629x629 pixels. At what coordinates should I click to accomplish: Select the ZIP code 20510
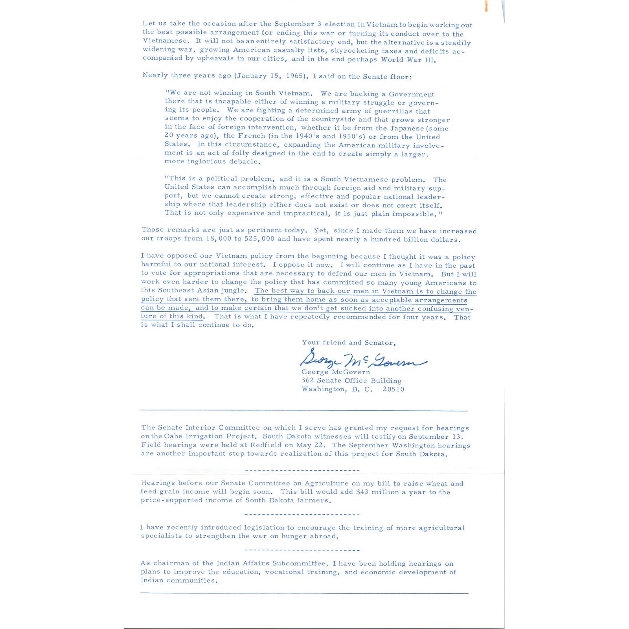pos(394,389)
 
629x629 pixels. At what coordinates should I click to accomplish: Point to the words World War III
pos(408,60)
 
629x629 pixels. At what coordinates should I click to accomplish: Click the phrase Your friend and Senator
pos(348,342)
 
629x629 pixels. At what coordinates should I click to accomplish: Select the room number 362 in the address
pos(308,381)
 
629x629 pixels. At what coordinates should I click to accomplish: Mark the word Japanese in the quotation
pos(407,128)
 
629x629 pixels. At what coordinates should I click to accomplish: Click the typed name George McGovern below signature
pos(335,372)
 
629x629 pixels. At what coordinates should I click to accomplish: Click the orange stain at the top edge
pos(487,6)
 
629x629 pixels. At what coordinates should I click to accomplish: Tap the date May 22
pos(314,445)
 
